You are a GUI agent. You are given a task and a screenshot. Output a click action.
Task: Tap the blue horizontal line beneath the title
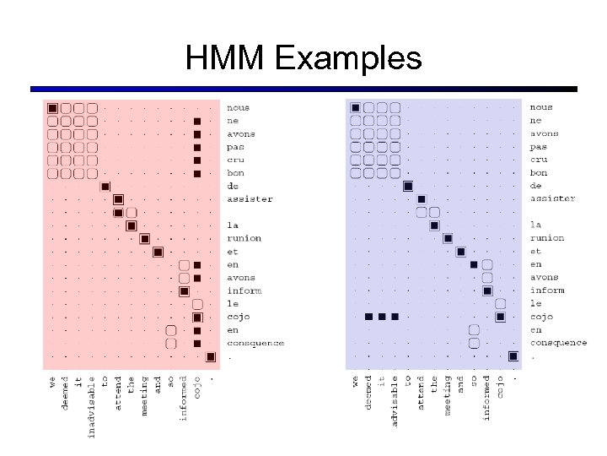(x=303, y=89)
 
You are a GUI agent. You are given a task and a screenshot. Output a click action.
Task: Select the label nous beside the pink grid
(x=238, y=108)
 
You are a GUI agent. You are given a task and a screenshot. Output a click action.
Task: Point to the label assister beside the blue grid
(x=552, y=198)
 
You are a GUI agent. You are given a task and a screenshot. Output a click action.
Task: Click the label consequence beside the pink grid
(x=255, y=343)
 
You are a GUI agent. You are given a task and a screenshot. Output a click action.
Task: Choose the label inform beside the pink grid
(x=244, y=290)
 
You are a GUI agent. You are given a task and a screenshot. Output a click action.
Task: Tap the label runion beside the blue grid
(x=547, y=238)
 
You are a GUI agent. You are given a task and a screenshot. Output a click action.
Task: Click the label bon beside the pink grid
(x=235, y=173)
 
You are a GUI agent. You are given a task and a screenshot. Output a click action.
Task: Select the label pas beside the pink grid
(x=235, y=147)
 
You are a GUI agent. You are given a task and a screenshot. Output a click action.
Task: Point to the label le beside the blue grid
(x=536, y=303)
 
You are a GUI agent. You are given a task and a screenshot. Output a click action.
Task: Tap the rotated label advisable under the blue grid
(x=395, y=400)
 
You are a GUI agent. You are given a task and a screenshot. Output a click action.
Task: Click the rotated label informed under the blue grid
(x=486, y=397)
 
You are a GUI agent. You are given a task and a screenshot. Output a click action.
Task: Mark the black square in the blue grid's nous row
(x=355, y=108)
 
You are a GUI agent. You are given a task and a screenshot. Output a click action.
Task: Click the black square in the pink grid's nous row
(x=52, y=108)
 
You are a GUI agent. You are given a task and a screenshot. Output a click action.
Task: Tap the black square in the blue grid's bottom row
(x=513, y=356)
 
